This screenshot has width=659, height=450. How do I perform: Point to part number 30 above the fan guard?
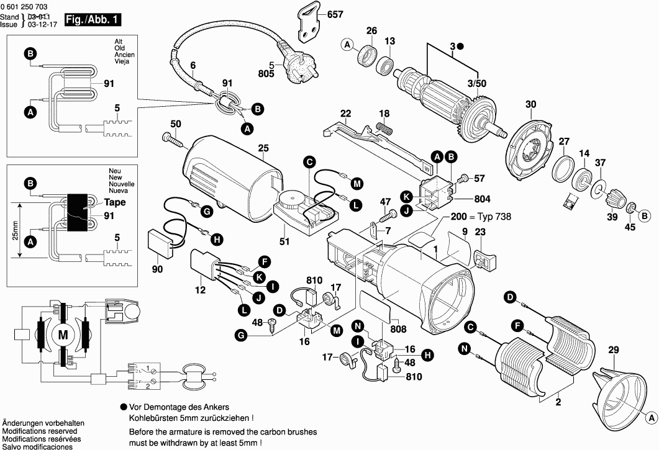[x=530, y=104]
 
